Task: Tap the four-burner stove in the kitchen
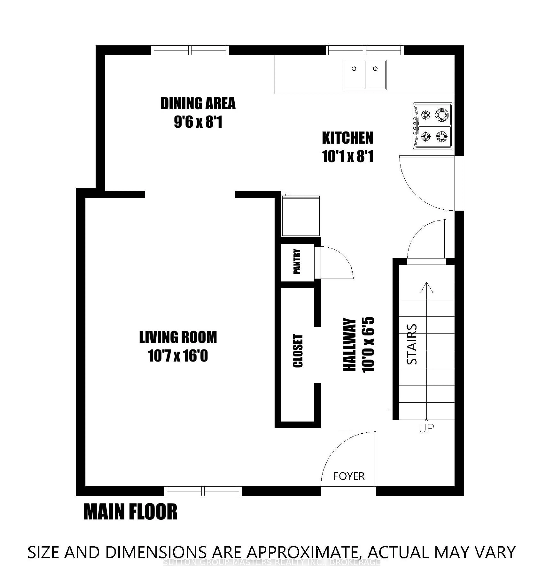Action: coord(433,126)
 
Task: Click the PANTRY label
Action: coord(297,261)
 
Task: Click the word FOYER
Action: coord(349,476)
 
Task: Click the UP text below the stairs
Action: coord(426,428)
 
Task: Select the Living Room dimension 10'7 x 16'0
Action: coord(178,356)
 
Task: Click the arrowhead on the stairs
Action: coord(426,287)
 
